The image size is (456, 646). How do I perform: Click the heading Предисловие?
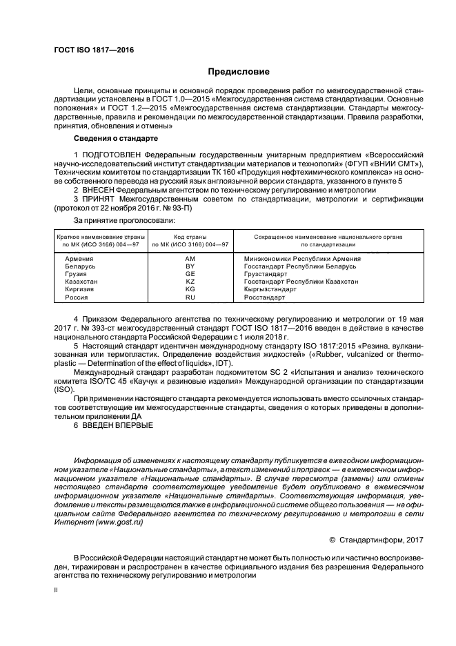click(x=239, y=71)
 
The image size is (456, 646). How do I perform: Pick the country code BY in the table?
click(x=190, y=266)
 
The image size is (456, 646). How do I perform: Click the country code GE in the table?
click(x=190, y=273)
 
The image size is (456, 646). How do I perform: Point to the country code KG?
click(x=190, y=289)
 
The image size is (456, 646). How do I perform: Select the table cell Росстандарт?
click(x=264, y=297)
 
